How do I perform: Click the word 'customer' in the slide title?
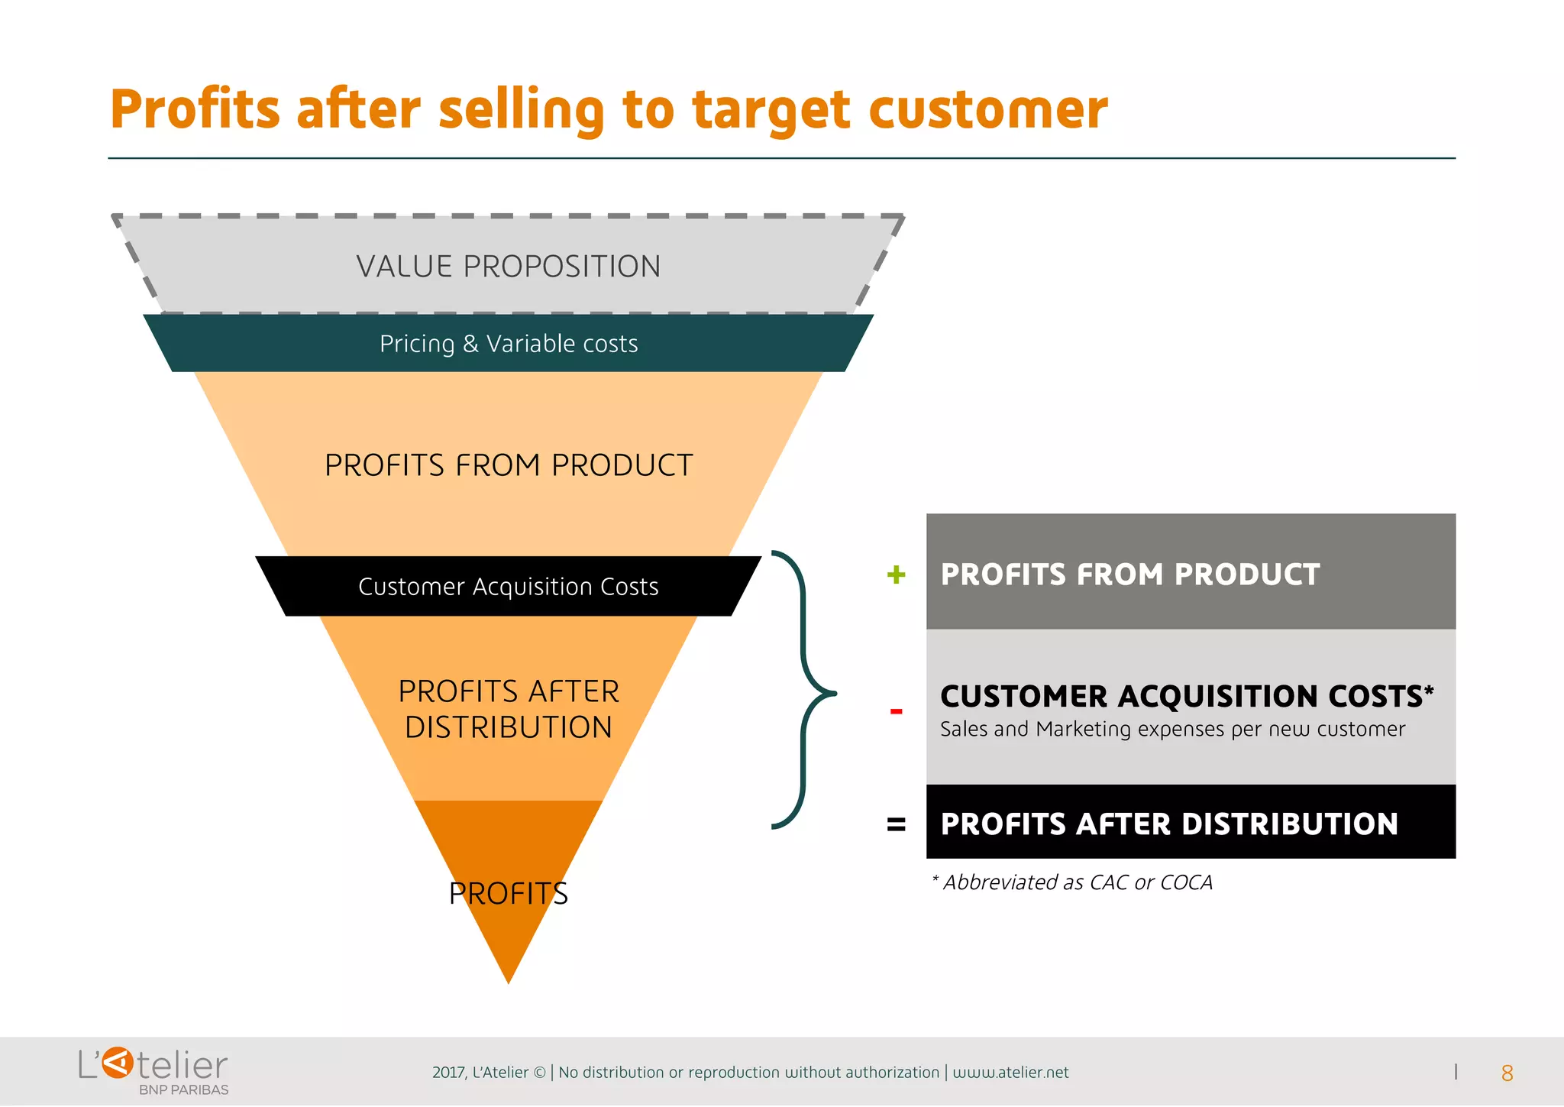coord(987,109)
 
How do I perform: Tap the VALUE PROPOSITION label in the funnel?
coord(508,267)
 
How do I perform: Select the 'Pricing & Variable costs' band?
coord(508,344)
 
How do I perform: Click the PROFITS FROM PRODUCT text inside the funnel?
coord(508,465)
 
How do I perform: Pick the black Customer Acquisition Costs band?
coord(508,587)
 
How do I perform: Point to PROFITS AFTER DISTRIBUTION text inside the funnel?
coord(508,709)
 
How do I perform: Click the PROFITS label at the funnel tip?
coord(508,893)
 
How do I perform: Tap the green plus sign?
coord(896,575)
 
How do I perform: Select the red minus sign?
coord(896,711)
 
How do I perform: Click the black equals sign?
coord(896,824)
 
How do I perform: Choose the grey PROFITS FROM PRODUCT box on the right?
coord(1190,571)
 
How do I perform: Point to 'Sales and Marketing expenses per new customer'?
coord(1172,730)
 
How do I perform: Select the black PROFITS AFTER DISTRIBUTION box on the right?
coord(1190,823)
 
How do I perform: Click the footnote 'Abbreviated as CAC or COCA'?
coord(1072,882)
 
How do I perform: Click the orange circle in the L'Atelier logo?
coord(118,1063)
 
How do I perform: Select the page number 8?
coord(1507,1073)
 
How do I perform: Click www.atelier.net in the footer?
coord(1010,1073)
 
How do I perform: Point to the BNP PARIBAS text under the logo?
coord(183,1089)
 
